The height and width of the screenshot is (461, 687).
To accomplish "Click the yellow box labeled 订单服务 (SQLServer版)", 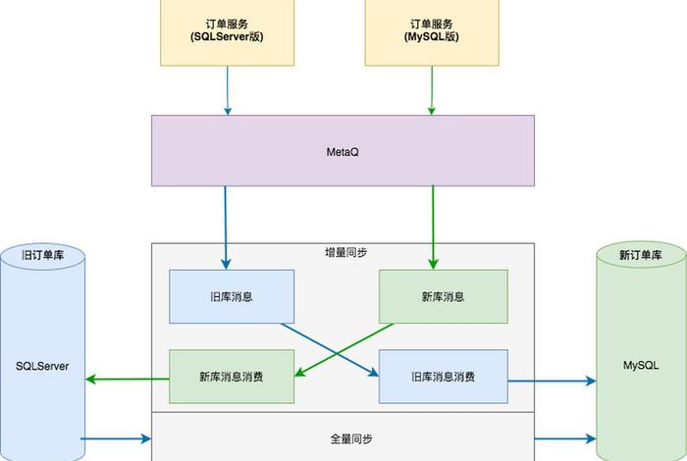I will [228, 29].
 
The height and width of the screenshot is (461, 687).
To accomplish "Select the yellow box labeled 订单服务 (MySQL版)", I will [430, 29].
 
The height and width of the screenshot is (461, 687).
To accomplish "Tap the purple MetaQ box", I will [342, 151].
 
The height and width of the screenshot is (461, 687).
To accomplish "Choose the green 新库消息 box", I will [443, 296].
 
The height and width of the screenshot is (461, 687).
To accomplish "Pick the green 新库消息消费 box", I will [232, 376].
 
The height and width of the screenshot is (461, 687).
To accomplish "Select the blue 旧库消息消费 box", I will [443, 376].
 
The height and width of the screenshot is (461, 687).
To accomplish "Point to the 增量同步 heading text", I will [345, 253].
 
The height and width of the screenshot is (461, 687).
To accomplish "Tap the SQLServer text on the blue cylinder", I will [40, 365].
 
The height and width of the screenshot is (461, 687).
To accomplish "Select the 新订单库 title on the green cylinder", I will [640, 255].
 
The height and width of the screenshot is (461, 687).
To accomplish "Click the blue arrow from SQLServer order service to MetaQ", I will [228, 89].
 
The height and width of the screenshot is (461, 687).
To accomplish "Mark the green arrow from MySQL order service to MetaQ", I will [430, 89].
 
